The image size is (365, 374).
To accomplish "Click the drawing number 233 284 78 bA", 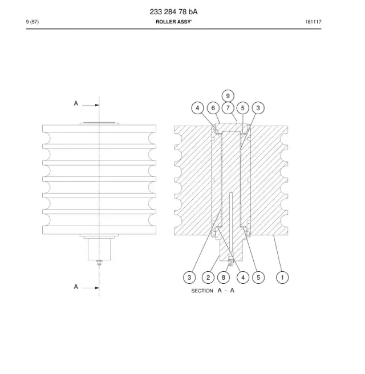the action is pos(173,11).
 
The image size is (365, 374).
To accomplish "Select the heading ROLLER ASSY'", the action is pos(173,22).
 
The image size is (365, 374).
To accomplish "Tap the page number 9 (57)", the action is pos(33,22).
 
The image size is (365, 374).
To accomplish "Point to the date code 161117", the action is pos(313,22).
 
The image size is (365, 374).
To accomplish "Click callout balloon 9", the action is pos(228,96).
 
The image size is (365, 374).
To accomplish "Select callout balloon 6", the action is pos(213,108).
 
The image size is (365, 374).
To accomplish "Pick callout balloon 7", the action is pos(228,108).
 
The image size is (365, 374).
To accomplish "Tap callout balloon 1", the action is pos(282,278).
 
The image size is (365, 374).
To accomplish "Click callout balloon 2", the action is pos(208,278).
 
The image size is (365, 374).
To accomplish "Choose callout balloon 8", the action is pos(223,278).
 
